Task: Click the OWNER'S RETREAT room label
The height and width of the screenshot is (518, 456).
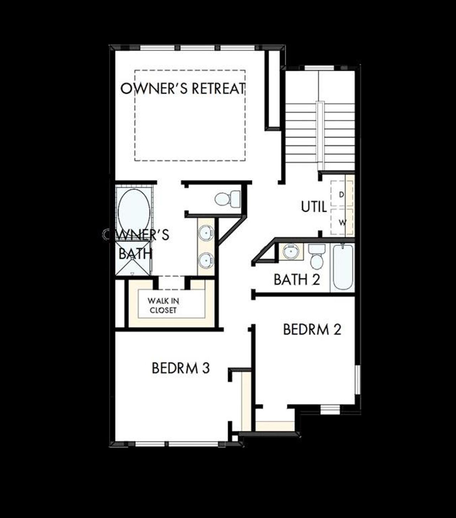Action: click(183, 88)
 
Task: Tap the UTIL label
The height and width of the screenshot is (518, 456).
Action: click(314, 207)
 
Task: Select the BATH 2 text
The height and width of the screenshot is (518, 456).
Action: click(297, 279)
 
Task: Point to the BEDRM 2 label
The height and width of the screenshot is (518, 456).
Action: click(312, 329)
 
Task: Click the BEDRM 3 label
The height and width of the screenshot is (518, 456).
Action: click(181, 368)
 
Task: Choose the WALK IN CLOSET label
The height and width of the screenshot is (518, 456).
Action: click(163, 305)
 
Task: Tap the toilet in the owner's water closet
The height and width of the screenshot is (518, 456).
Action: click(228, 198)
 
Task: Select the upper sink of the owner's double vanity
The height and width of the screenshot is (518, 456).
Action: click(206, 233)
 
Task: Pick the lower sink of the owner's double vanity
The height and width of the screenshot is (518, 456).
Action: click(206, 260)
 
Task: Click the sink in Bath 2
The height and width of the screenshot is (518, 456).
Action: click(291, 251)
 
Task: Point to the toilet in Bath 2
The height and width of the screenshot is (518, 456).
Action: click(316, 257)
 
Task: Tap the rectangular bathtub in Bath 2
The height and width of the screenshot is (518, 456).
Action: click(343, 267)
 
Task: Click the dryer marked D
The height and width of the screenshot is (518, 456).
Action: click(342, 194)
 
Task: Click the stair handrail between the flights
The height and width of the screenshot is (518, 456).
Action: click(321, 136)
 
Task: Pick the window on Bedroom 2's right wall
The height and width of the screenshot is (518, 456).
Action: click(358, 380)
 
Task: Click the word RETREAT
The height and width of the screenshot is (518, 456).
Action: click(219, 88)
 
